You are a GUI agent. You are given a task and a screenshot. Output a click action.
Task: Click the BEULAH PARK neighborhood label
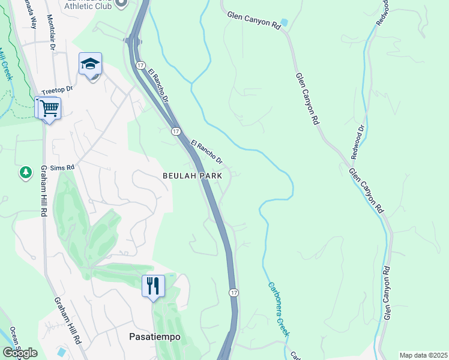[193, 176]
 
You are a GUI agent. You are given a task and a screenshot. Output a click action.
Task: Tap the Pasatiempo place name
[155, 337]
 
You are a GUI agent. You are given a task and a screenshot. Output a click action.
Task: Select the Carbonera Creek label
[279, 309]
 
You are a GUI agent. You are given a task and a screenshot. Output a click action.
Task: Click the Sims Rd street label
[62, 168]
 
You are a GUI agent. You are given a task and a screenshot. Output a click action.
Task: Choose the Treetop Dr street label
[57, 89]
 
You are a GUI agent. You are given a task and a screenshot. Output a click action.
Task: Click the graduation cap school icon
[90, 64]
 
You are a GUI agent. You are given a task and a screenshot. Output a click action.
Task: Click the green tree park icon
[25, 173]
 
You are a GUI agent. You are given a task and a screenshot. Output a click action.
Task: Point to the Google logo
[20, 353]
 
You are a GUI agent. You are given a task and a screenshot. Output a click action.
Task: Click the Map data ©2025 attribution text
[423, 355]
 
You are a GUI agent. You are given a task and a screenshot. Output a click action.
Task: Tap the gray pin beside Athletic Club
[121, 3]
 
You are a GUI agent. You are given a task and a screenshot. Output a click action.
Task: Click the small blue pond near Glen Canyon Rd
[284, 23]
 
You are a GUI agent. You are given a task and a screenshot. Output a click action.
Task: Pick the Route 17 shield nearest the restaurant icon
[234, 292]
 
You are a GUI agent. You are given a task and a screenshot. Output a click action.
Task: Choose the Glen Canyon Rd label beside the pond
[254, 18]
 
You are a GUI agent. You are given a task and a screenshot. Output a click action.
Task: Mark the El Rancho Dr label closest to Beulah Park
[206, 152]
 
